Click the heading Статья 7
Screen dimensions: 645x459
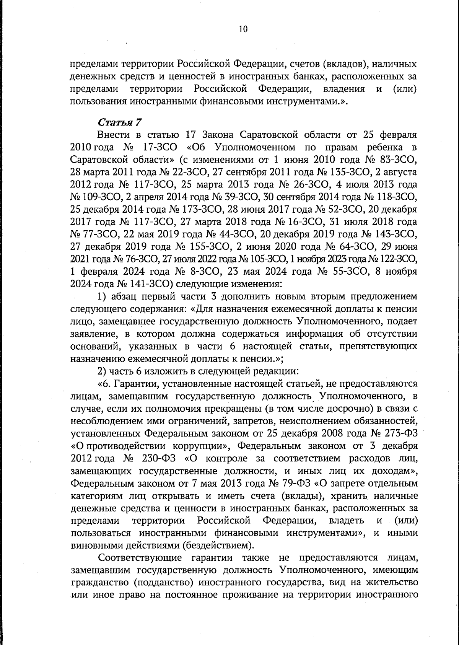tap(120, 122)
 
